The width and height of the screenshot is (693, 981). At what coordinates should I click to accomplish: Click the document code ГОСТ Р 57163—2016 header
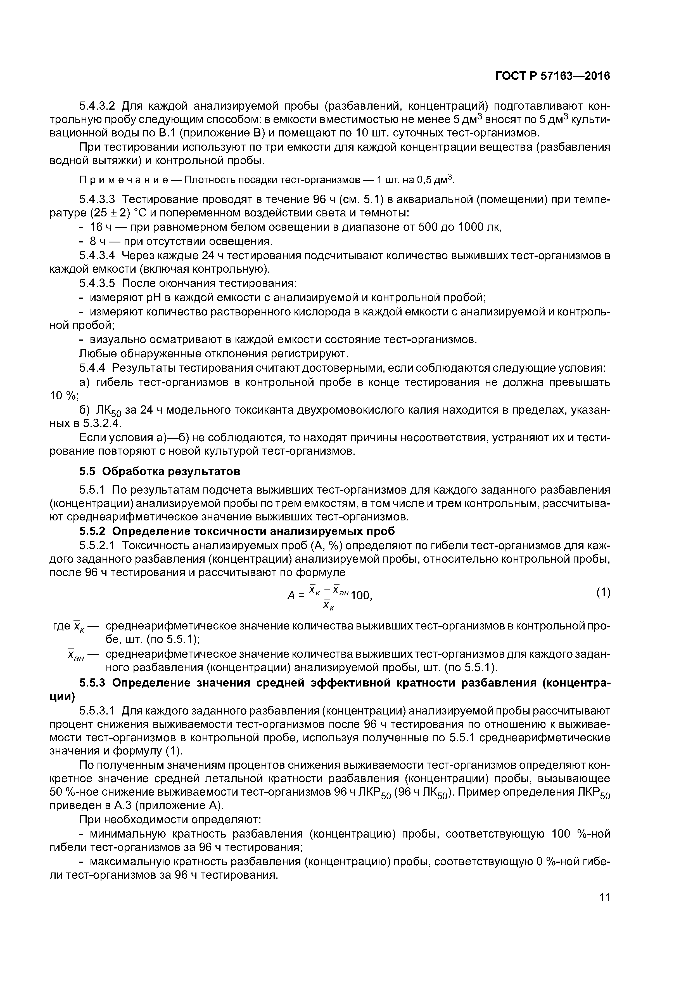point(552,76)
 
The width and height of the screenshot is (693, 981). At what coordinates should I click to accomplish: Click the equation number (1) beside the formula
point(603,593)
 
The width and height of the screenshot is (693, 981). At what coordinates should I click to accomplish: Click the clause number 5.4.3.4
point(97,256)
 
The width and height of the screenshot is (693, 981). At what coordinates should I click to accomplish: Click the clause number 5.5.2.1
point(97,545)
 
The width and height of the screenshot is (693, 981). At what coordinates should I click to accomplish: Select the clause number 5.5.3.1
point(97,711)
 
